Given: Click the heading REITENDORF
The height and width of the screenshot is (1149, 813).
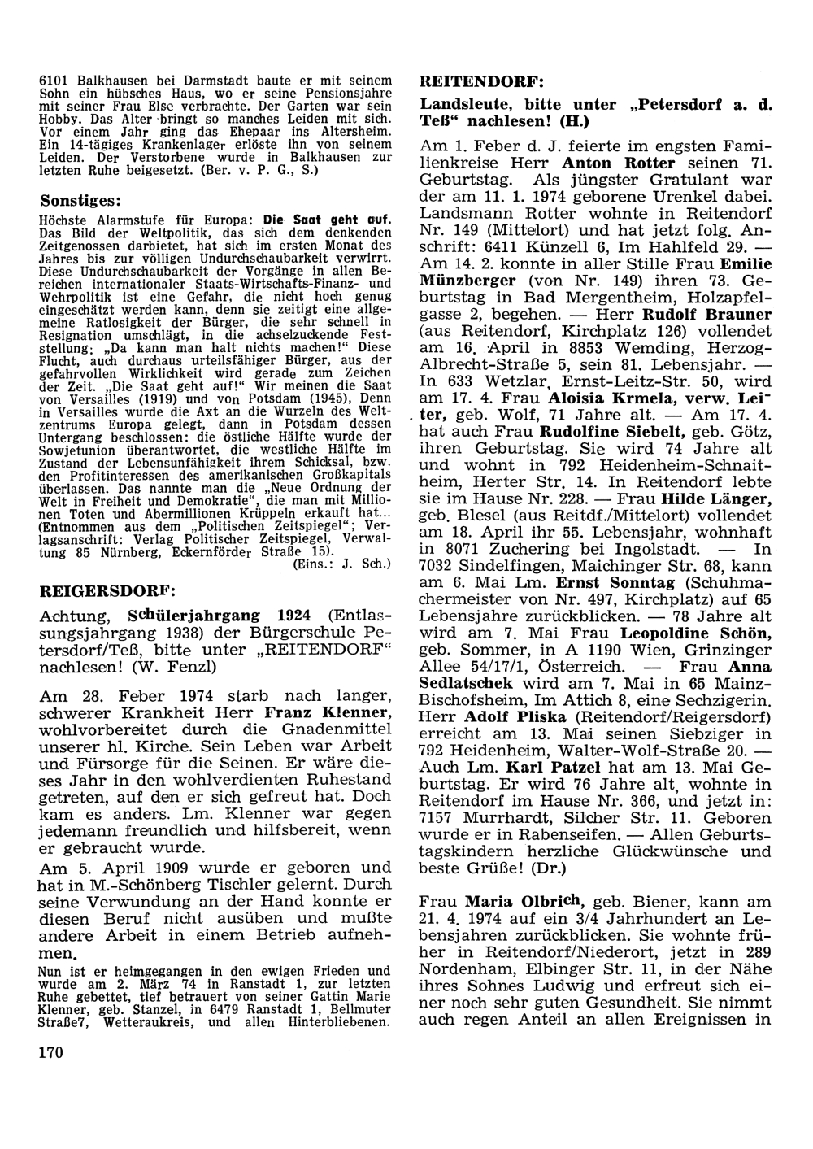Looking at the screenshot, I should [x=480, y=82].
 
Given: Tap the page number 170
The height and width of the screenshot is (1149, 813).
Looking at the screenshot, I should [x=50, y=1053].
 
